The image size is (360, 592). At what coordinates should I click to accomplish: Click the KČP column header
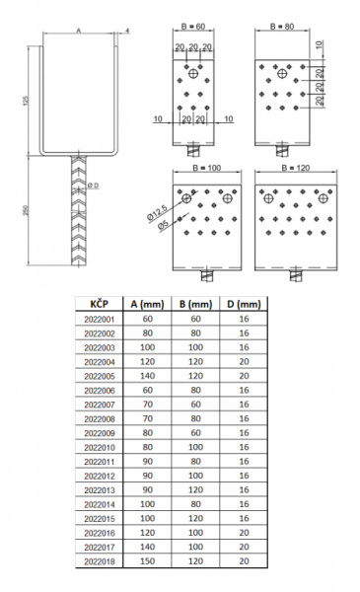100,304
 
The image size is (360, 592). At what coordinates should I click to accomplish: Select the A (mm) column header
147,304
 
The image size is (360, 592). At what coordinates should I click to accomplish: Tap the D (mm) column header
244,304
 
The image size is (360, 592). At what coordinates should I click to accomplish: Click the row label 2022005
100,376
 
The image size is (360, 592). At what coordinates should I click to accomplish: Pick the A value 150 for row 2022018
147,561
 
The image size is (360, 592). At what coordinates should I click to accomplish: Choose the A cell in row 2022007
147,405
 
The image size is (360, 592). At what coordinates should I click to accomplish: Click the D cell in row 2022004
244,362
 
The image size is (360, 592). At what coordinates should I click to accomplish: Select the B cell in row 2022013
195,489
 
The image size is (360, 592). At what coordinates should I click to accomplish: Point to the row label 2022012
100,476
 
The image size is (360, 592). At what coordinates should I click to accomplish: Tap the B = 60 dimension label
193,27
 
